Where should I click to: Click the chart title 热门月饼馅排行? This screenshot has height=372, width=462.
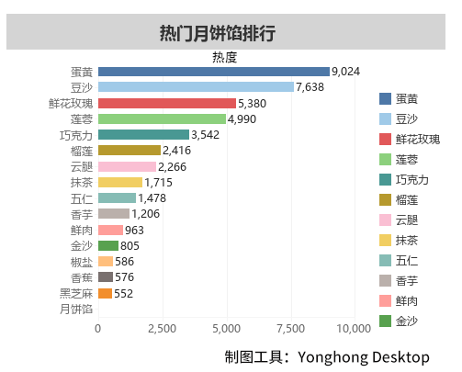pos(218,34)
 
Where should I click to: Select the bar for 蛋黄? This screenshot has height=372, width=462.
pos(213,72)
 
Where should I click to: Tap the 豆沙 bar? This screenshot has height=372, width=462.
pos(196,87)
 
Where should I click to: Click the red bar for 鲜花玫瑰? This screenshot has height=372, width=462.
pos(166,103)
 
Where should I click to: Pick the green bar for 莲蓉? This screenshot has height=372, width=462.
pos(162,119)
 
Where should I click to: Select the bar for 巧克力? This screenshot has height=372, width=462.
pos(142,135)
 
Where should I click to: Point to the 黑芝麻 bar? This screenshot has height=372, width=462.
pos(105,293)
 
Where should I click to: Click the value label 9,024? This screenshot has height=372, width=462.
pos(346,72)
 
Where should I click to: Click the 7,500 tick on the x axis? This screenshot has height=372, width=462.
pos(290,327)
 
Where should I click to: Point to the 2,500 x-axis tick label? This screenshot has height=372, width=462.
pos(162,327)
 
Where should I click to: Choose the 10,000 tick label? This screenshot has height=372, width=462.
pos(354,327)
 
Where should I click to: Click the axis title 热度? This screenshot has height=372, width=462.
pos(224,57)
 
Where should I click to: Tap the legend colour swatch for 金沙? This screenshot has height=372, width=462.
pos(384,321)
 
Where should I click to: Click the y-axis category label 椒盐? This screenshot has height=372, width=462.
pos(81,262)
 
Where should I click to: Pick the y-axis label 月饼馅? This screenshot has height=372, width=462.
pos(76,309)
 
